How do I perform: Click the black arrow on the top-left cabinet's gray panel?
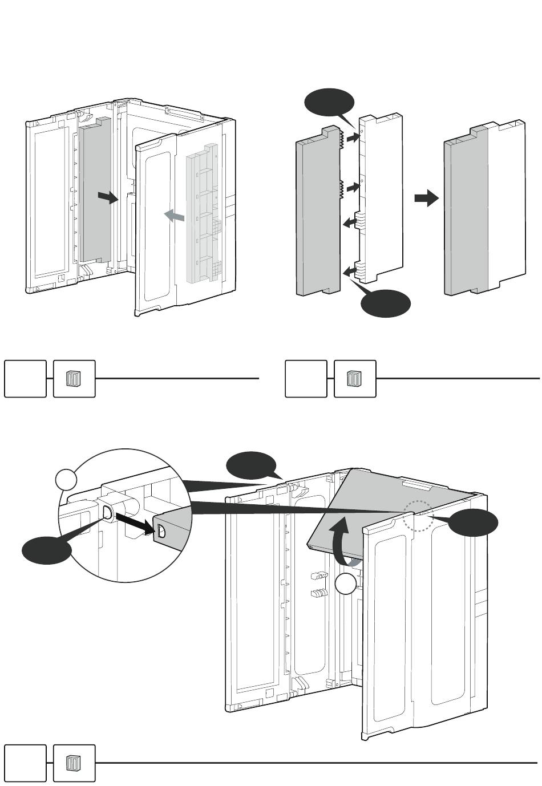click(x=107, y=197)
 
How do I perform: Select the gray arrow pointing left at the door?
click(x=174, y=216)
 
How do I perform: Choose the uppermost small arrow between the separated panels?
click(x=353, y=137)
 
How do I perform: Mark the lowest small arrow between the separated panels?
click(x=351, y=271)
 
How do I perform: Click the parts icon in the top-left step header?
click(x=74, y=379)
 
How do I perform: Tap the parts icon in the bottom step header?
click(x=74, y=763)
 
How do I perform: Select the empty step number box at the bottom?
click(x=25, y=763)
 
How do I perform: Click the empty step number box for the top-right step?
click(x=306, y=379)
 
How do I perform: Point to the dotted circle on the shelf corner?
click(x=418, y=516)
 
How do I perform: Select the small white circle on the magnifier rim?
click(x=67, y=480)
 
